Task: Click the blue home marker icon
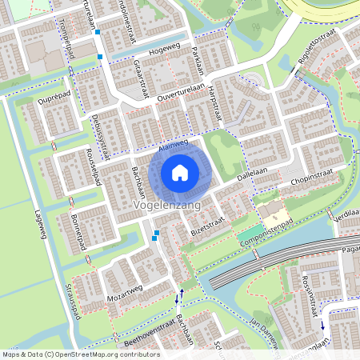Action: coord(180,172)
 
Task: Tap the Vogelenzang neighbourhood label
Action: coord(166,206)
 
